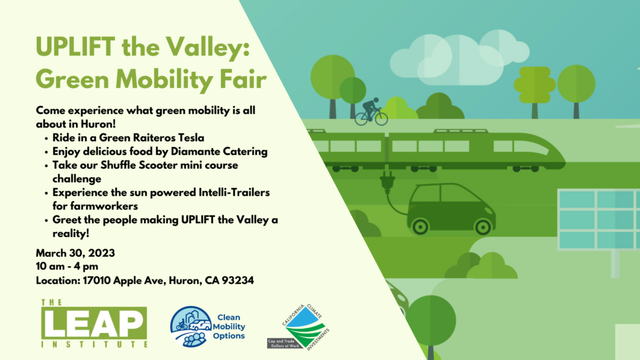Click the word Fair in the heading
(243, 79)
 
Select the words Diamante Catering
(219, 151)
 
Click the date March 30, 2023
(76, 253)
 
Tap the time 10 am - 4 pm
(67, 266)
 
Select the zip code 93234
(238, 281)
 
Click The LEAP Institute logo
(94, 323)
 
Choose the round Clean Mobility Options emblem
(191, 326)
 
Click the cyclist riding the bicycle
(371, 111)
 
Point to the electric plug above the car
(387, 182)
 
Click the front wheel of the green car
(483, 227)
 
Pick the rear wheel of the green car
(420, 226)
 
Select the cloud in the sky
(459, 59)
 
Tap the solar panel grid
(599, 219)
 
